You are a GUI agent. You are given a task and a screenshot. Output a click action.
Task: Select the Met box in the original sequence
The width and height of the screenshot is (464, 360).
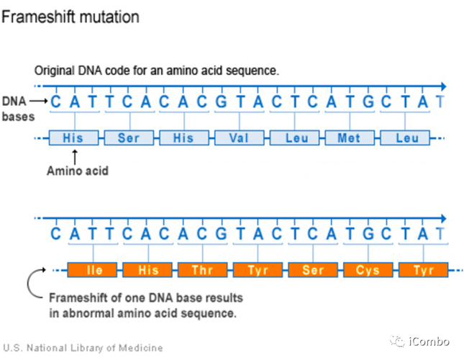pos(349,138)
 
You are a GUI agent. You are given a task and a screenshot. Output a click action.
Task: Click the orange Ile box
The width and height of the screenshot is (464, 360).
pos(94,271)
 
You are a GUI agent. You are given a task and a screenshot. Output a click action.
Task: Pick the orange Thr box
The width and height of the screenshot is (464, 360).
pos(203,271)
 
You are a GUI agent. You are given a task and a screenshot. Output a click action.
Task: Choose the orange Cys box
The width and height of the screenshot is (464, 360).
pos(368,271)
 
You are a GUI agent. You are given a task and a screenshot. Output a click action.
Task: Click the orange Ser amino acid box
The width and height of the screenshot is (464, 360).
pos(313,271)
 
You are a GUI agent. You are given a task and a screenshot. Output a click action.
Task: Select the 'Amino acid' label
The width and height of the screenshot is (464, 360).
pos(77,171)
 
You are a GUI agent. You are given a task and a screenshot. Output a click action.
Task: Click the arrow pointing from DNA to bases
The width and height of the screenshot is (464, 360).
pos(40,102)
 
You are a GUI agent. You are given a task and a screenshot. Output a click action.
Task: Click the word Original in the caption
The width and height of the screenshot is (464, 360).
pos(55,71)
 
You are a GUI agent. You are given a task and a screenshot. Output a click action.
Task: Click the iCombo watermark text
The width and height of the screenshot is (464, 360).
pos(429,341)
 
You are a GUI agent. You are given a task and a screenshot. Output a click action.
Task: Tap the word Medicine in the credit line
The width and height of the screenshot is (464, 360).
pos(142,348)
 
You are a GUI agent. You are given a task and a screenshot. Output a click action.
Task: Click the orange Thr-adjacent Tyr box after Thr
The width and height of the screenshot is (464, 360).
pos(258,271)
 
